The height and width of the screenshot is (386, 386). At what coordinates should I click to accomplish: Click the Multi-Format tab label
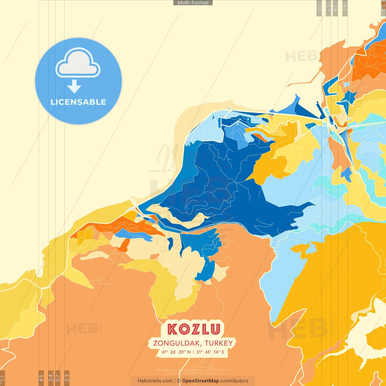(x=193, y=3)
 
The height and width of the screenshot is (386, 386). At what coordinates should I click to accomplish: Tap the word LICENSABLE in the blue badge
(x=78, y=102)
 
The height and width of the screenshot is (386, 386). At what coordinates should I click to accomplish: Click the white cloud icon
(x=78, y=63)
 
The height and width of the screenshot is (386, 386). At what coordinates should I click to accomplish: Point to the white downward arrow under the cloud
(x=74, y=87)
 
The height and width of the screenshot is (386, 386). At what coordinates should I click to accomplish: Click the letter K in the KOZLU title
(x=173, y=329)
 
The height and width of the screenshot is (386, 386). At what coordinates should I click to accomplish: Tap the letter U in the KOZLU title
(x=215, y=329)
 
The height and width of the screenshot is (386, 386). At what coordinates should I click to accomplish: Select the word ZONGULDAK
(x=177, y=343)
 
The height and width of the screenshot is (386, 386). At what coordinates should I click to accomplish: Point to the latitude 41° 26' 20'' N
(x=176, y=352)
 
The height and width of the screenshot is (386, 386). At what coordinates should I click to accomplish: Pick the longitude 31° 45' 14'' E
(x=210, y=352)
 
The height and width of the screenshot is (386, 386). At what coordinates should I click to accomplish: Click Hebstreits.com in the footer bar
(x=155, y=381)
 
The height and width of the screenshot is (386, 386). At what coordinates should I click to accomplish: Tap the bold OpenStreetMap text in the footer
(x=201, y=381)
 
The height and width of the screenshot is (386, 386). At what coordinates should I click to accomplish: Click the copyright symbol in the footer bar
(x=179, y=381)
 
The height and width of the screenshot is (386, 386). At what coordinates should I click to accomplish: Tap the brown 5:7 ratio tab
(x=58, y=378)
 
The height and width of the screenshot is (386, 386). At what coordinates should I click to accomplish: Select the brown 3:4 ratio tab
(x=51, y=378)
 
